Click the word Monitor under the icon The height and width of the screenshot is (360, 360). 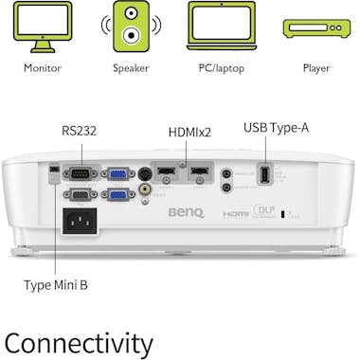pos(42,68)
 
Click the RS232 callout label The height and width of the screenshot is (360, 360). pos(80,132)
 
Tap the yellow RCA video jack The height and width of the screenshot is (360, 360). pos(145,189)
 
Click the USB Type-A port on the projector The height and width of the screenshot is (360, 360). pos(264,175)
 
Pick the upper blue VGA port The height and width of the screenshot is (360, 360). pos(118,174)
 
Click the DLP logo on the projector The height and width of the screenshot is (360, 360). pos(264,213)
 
